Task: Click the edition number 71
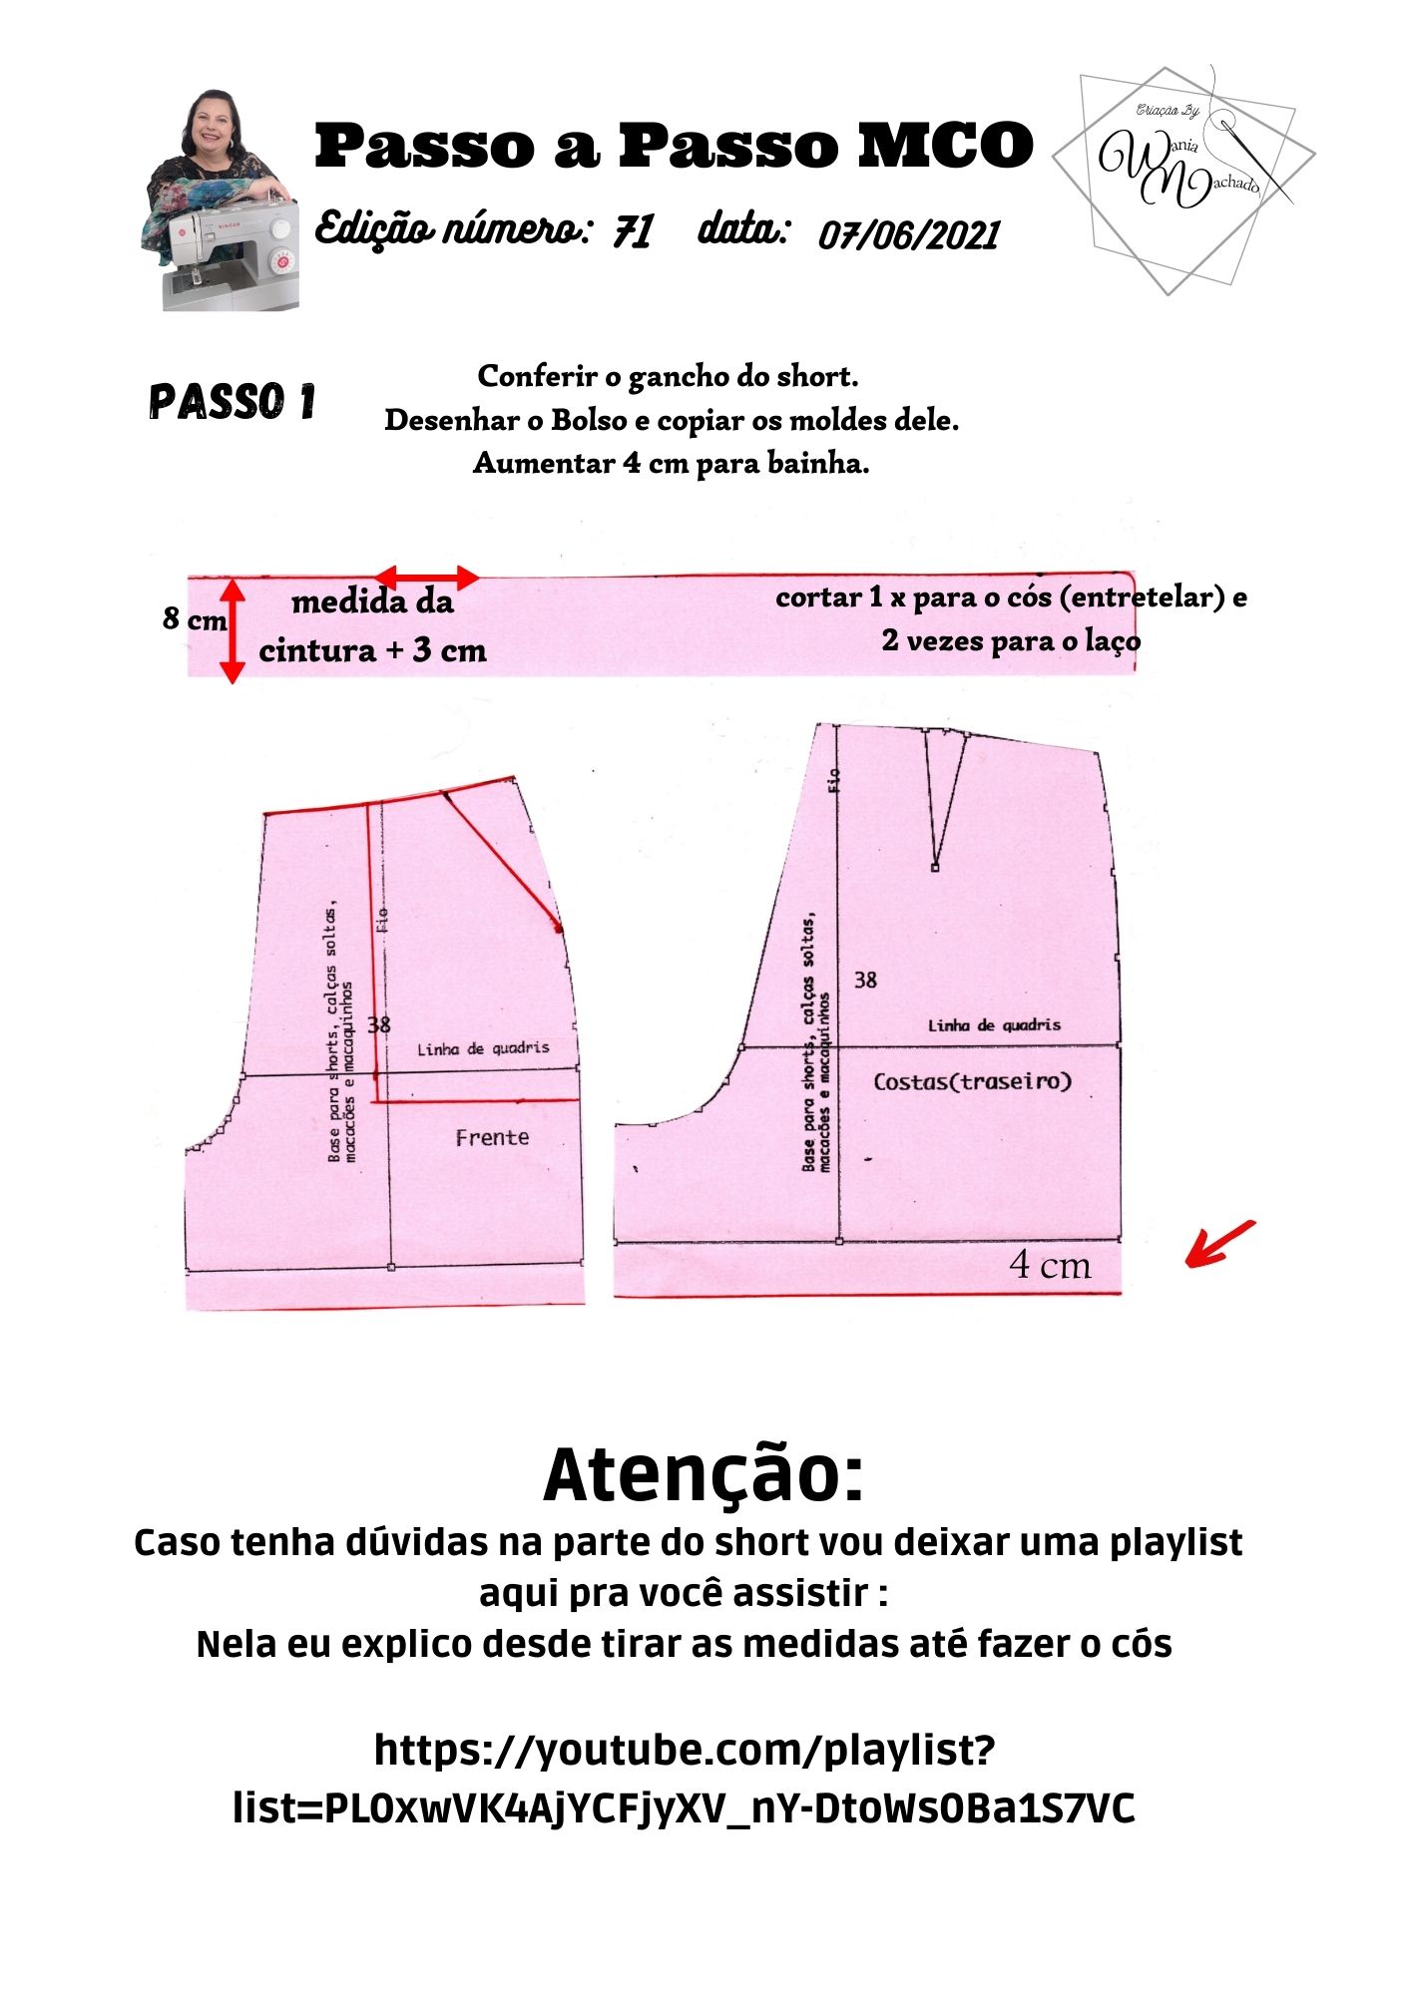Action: [633, 232]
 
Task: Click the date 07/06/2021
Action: [908, 235]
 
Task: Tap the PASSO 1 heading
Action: [232, 401]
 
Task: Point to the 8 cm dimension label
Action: [195, 619]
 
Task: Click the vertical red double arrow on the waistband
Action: [233, 630]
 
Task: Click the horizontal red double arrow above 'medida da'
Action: [427, 577]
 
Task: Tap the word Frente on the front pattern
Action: [492, 1137]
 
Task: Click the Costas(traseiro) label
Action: [972, 1081]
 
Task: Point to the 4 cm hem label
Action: [1050, 1265]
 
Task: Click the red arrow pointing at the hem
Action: [1219, 1243]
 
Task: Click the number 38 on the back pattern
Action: [865, 981]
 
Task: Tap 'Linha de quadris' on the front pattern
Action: [483, 1048]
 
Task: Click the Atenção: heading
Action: [704, 1475]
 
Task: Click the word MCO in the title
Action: [945, 146]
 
